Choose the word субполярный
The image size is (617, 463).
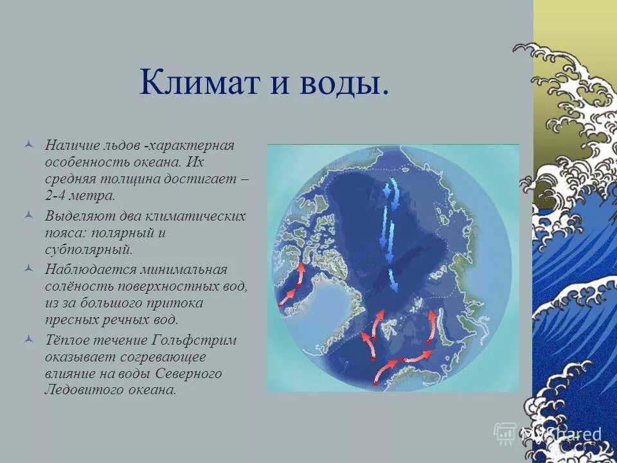coord(88,248)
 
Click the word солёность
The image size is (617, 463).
coord(73,286)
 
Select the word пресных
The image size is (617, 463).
coord(70,318)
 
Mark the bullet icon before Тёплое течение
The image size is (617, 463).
coord(27,340)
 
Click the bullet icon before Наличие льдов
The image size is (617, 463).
coord(27,145)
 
